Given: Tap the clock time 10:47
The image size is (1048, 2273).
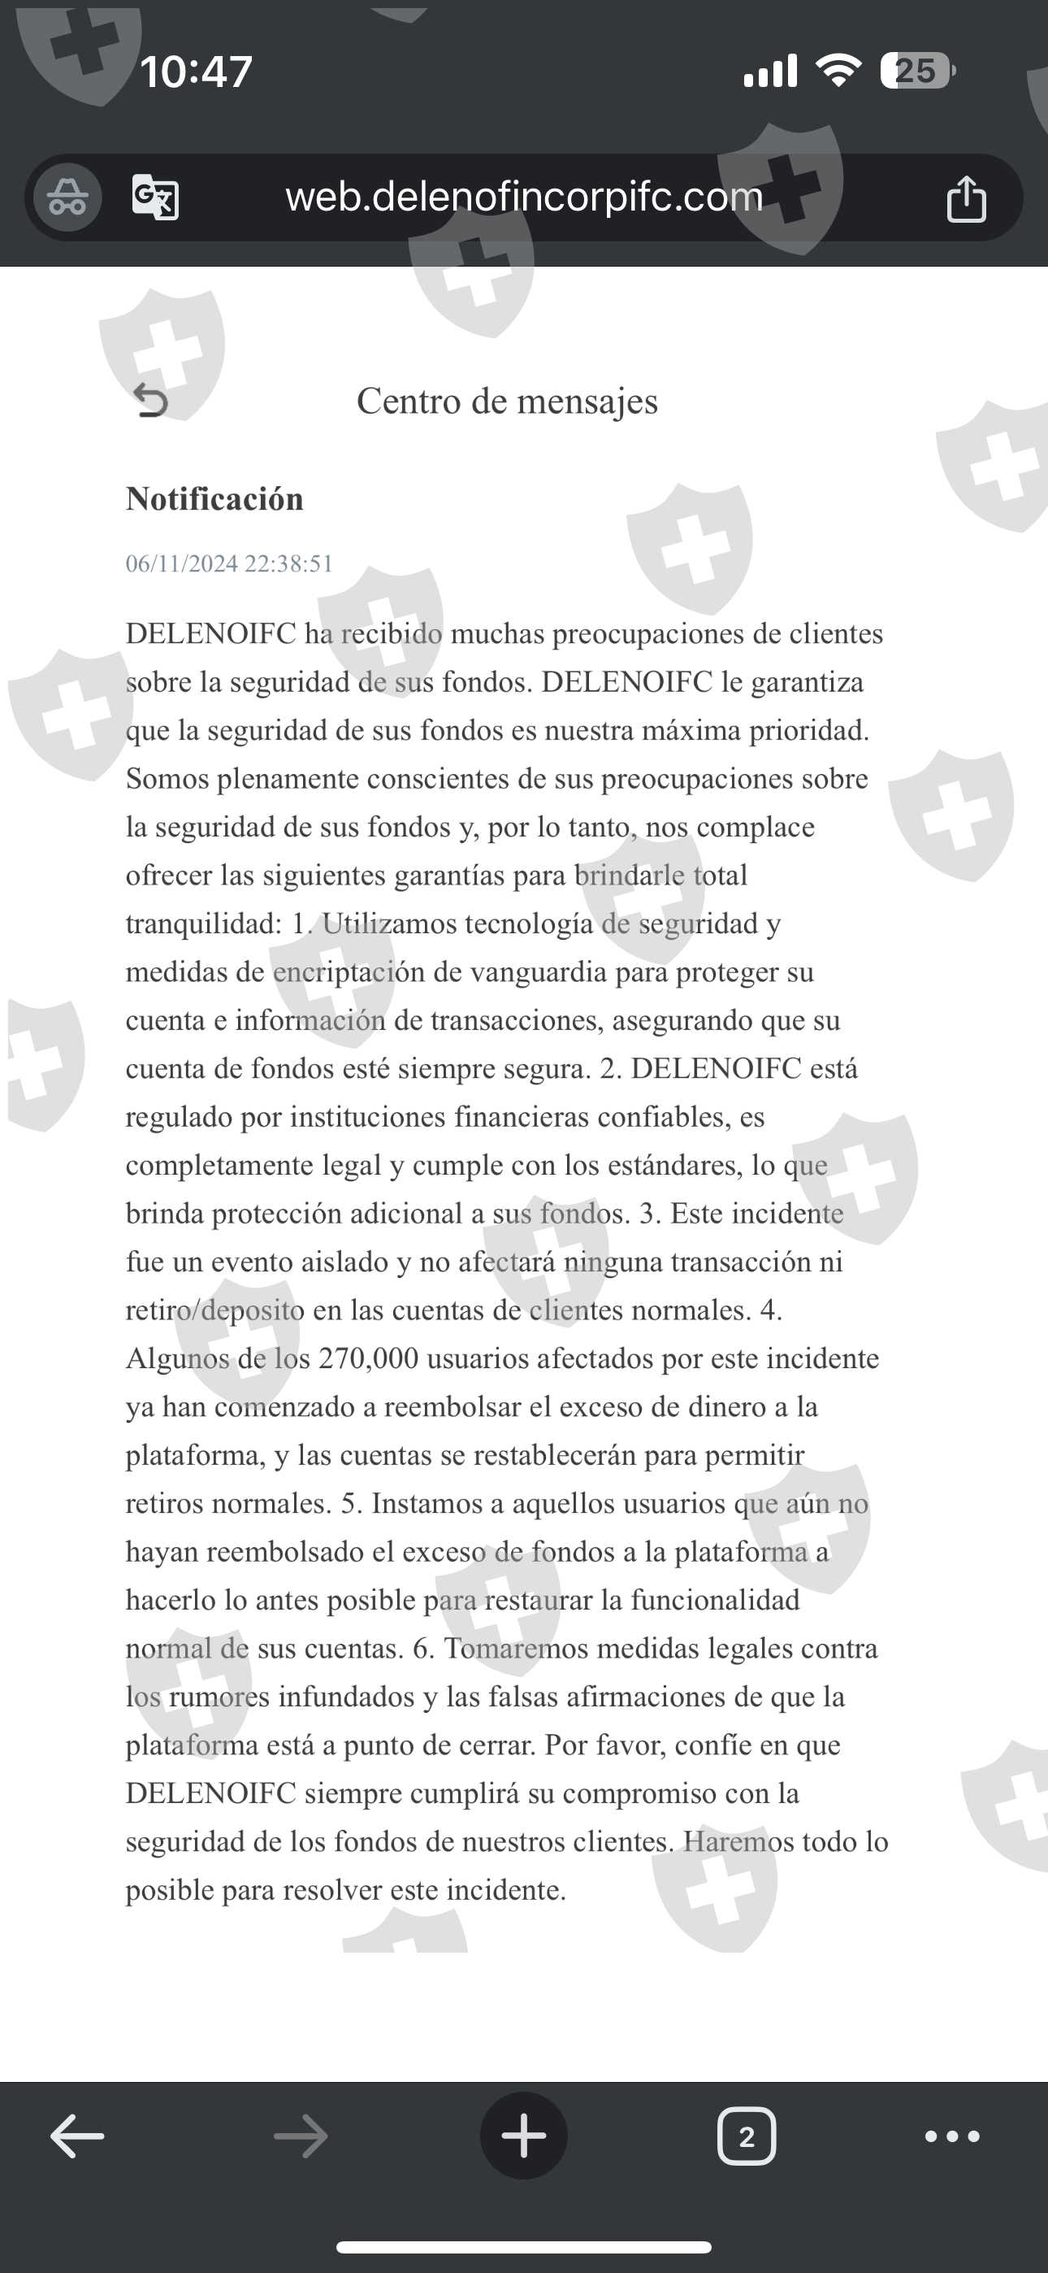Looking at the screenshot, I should coord(196,72).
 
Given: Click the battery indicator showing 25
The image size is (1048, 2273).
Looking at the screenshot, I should coord(916,71).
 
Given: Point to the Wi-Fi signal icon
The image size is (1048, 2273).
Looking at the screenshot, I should coord(838,70).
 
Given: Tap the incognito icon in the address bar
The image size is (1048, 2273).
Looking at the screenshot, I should coord(68,198).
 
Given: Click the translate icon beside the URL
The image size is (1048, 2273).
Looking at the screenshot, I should coord(155,197).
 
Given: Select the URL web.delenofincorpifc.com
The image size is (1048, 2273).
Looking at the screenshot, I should coord(524,197).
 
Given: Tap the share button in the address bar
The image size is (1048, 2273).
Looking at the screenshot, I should coord(966,198).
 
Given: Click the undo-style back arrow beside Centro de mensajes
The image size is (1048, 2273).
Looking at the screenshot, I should coord(150,401).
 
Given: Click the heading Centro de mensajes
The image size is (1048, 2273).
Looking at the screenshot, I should coord(507,402).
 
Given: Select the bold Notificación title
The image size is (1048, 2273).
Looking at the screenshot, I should coord(214,499).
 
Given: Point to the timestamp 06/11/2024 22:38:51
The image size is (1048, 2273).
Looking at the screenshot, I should coord(229,564).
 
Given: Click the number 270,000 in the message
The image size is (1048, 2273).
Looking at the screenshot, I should coord(369,1358).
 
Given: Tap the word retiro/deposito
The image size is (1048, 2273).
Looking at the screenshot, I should coord(214,1310).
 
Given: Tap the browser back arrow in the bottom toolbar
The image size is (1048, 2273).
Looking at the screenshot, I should coord(78,2137).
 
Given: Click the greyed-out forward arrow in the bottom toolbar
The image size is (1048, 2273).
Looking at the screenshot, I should coord(301,2137).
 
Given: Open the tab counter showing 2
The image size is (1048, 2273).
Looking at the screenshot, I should coord(747,2137).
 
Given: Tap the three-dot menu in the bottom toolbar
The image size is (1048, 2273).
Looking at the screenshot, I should coord(952,2137).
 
